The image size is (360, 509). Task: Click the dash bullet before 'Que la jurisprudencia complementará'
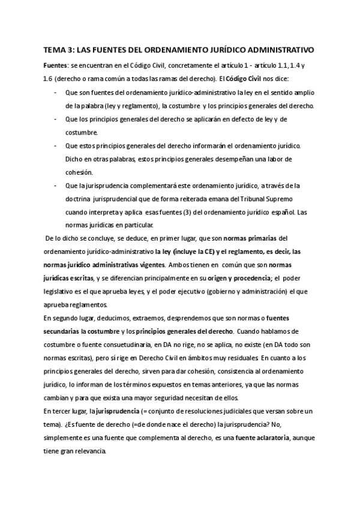coord(56,186)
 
